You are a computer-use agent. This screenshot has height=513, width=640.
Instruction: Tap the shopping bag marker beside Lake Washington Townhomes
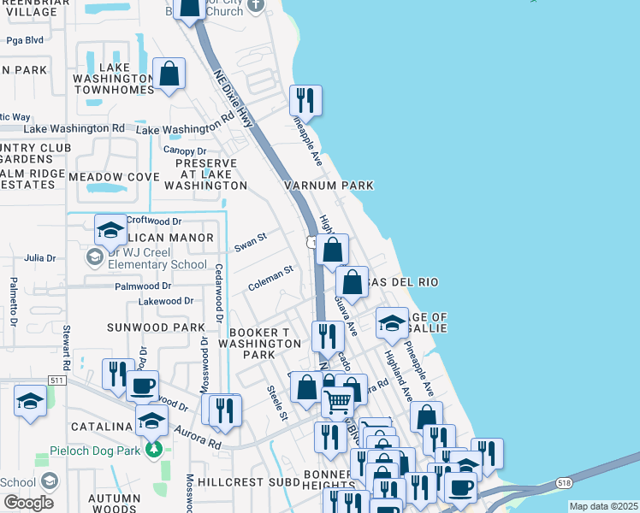pos(169,75)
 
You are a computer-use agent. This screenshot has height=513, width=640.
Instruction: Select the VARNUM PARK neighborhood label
pos(329,186)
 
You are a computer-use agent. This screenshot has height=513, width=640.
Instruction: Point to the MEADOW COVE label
pos(114,177)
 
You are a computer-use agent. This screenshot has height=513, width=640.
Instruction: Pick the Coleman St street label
pos(270,279)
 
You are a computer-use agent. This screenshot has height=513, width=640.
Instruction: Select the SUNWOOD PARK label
pos(156,327)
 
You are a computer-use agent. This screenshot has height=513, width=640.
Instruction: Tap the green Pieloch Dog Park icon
pos(153,448)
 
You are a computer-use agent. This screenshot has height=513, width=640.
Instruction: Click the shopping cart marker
pos(337,400)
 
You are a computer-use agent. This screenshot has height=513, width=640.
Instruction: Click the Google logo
pos(28,503)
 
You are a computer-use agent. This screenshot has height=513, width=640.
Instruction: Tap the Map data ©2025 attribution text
pos(603,506)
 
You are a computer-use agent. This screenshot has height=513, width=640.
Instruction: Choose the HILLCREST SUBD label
pos(243,482)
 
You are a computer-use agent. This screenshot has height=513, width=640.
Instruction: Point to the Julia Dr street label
pos(39,257)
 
